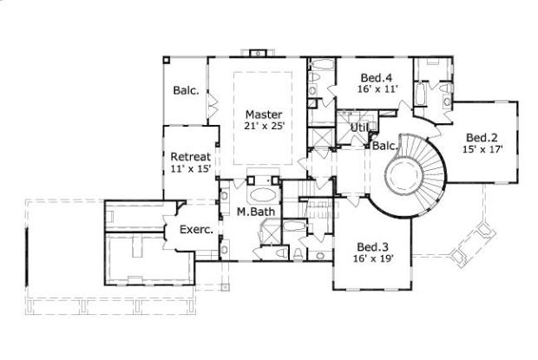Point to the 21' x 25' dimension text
tap(264, 126)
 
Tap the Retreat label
tap(190, 156)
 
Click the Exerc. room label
tap(196, 230)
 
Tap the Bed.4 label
tap(376, 76)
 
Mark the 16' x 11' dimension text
tap(376, 88)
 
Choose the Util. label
tap(359, 128)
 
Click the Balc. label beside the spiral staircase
tap(384, 145)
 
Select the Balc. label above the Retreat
tap(185, 90)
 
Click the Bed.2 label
tap(482, 137)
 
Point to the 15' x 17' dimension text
tap(482, 149)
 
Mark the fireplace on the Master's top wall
tap(255, 53)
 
